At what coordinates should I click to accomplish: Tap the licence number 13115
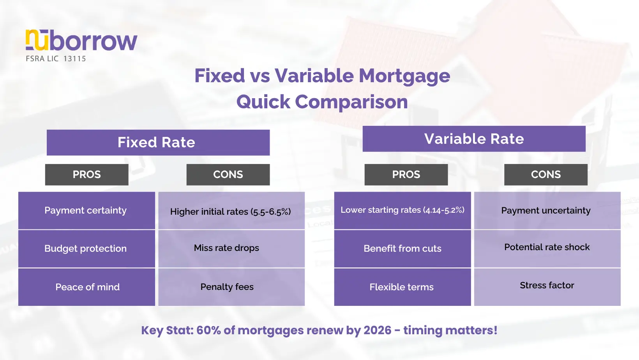pyautogui.click(x=74, y=59)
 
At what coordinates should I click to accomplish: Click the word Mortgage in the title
pyautogui.click(x=404, y=76)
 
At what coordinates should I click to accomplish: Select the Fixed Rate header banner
pyautogui.click(x=158, y=143)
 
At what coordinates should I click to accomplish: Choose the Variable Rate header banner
pyautogui.click(x=474, y=139)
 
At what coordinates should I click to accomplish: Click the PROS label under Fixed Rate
pyautogui.click(x=87, y=175)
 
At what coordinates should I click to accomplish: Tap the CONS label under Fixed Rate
pyautogui.click(x=228, y=175)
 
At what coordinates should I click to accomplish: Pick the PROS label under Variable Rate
pyautogui.click(x=406, y=175)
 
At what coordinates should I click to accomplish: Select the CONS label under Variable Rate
pyautogui.click(x=546, y=175)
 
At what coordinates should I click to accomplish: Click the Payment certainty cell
pyautogui.click(x=87, y=210)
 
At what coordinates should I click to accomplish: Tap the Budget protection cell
pyautogui.click(x=87, y=249)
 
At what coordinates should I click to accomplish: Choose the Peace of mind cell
pyautogui.click(x=87, y=287)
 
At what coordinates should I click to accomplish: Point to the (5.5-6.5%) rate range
pyautogui.click(x=271, y=212)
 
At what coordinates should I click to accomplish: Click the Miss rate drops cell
pyautogui.click(x=231, y=249)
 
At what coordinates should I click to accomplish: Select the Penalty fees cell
pyautogui.click(x=231, y=287)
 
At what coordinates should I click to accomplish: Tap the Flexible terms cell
pyautogui.click(x=402, y=287)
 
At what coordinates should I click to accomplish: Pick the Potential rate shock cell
pyautogui.click(x=547, y=249)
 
